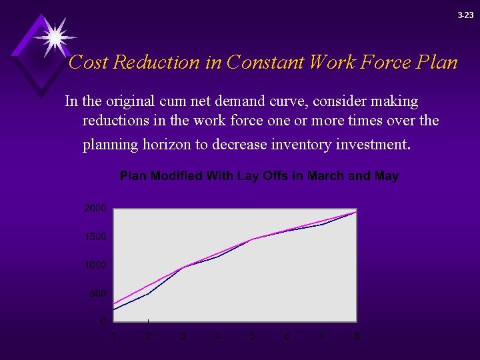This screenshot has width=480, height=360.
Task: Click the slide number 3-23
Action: [465, 15]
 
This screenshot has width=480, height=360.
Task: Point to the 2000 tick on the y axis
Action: [95, 209]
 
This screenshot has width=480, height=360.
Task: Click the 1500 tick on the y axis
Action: [95, 237]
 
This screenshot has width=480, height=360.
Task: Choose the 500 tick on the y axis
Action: [97, 293]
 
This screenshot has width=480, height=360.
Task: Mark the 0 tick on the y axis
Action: [103, 321]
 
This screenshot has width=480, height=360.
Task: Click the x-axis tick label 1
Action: [114, 336]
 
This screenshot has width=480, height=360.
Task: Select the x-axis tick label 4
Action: [218, 336]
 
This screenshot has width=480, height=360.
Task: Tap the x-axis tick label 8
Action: [357, 336]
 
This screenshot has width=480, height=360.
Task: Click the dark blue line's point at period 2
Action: [148, 293]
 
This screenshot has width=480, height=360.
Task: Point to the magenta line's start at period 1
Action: [114, 305]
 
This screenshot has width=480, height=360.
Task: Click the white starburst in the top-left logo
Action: [54, 35]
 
